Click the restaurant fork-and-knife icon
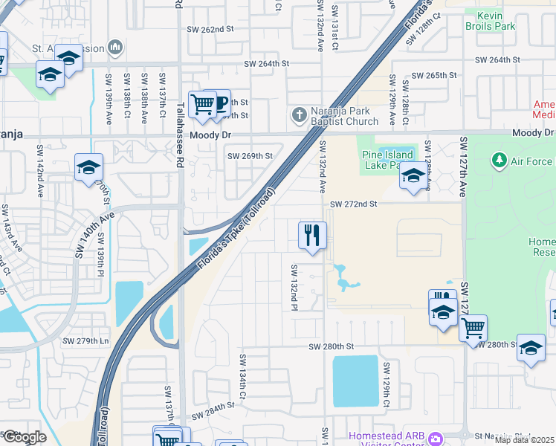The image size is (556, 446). (x=312, y=236)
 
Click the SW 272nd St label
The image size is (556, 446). (x=354, y=204)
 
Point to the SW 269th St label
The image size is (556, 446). (x=250, y=156)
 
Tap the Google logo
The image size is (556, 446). (x=25, y=437)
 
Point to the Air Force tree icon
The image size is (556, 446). (x=499, y=161)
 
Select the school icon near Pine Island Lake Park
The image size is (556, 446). (x=413, y=175)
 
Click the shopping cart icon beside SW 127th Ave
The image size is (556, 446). (x=473, y=327)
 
